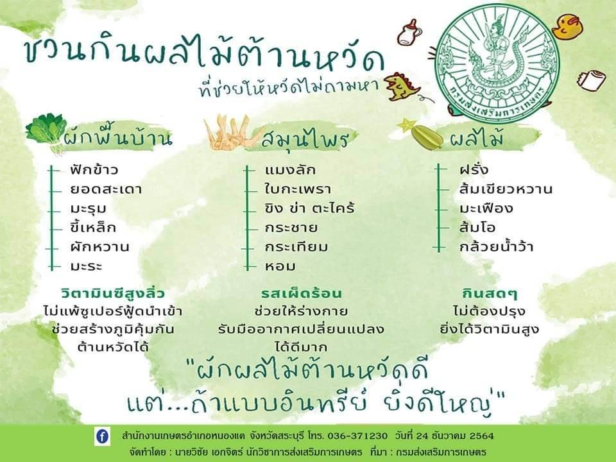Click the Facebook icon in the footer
click(103, 437)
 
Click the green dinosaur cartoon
click(400, 87)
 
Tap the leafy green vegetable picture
click(45, 130)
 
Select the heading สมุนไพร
click(305, 139)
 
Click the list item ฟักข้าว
click(94, 169)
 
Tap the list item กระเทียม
click(296, 246)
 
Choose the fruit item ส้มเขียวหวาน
click(506, 189)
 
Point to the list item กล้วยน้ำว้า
click(496, 246)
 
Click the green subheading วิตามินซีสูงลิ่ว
click(113, 293)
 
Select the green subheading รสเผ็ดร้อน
click(302, 293)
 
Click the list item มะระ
click(87, 266)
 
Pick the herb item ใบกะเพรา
click(298, 189)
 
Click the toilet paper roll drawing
click(591, 81)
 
